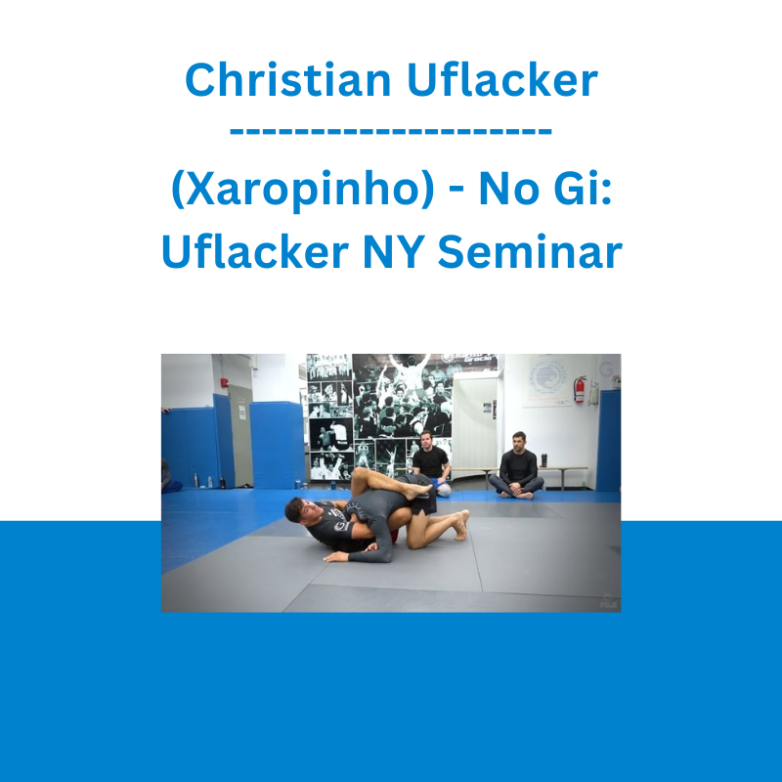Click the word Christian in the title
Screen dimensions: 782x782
coord(287,79)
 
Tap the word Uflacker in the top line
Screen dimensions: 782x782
coord(502,79)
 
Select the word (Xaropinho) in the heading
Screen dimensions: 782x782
coord(303,190)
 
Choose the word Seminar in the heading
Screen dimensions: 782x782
coord(530,252)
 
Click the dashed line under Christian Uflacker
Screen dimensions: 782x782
coord(390,131)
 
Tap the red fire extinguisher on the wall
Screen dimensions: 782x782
coord(579,389)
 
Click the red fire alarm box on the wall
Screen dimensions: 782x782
coord(225,383)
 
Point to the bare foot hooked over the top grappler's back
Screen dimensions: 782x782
coord(419,492)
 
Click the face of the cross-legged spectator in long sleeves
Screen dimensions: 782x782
coord(519,442)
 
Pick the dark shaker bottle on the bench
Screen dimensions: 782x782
coord(543,460)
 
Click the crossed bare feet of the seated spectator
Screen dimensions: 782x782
coord(517,494)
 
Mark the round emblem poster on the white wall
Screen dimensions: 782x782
coord(547,378)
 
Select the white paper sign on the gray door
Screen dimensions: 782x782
coord(241,412)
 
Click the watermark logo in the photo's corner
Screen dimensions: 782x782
coord(608,600)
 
